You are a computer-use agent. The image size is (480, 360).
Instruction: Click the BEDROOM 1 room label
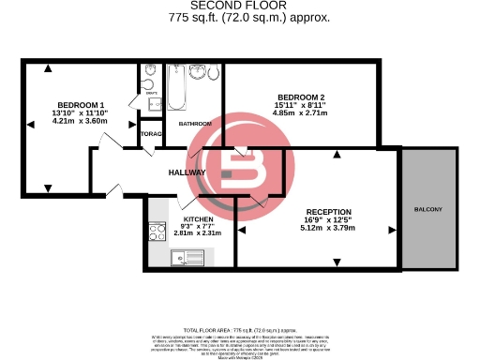pos(80,104)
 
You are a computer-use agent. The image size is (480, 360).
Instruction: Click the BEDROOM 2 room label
pos(300,97)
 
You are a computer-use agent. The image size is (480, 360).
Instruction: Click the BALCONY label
pos(427,208)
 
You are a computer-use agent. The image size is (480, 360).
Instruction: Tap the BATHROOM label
pos(194,125)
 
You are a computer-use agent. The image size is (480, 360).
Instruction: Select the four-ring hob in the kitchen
pos(157,232)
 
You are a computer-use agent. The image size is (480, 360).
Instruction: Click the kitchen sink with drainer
pos(157,255)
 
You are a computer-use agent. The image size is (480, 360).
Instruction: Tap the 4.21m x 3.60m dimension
pos(80,121)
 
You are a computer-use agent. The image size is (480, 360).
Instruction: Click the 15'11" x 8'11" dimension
pos(300,106)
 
